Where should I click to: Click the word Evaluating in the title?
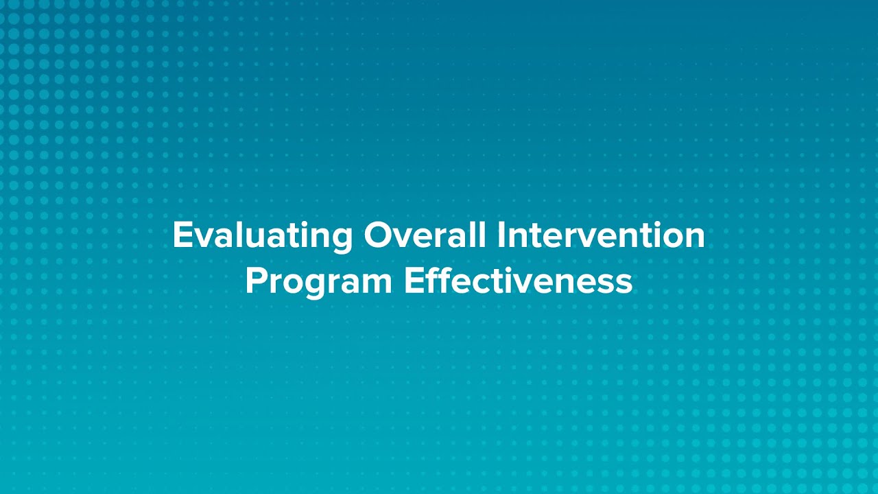pyautogui.click(x=262, y=236)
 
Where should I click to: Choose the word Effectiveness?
pyautogui.click(x=518, y=281)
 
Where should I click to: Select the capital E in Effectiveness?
pyautogui.click(x=412, y=281)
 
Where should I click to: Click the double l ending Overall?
pyautogui.click(x=479, y=235)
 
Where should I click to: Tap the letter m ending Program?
pyautogui.click(x=379, y=284)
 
